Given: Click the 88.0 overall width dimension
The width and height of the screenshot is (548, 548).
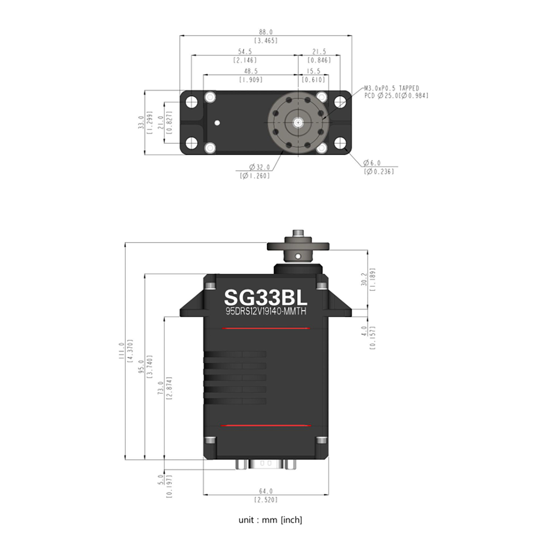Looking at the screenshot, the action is pyautogui.click(x=265, y=32).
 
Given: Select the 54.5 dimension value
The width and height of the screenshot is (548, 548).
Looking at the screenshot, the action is pyautogui.click(x=244, y=51).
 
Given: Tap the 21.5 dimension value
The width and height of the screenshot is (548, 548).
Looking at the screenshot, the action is pyautogui.click(x=319, y=51).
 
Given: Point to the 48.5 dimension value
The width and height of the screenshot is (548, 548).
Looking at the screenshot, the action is pyautogui.click(x=250, y=71).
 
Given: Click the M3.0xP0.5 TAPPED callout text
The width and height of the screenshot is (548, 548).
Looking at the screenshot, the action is pyautogui.click(x=392, y=88).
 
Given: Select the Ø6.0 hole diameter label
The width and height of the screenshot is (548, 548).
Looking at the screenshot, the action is pyautogui.click(x=372, y=163).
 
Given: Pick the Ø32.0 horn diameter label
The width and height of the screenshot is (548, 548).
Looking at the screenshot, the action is pyautogui.click(x=259, y=167).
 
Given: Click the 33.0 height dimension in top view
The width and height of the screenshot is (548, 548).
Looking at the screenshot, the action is pyautogui.click(x=141, y=122).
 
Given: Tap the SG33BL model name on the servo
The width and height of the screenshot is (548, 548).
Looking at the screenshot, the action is pyautogui.click(x=266, y=298).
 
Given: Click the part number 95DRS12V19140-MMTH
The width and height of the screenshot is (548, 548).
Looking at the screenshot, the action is pyautogui.click(x=266, y=311).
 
